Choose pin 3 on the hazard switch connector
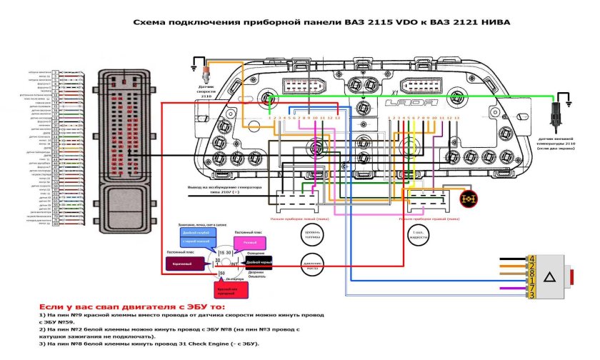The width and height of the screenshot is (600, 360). tap(532, 294)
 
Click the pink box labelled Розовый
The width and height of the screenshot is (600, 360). tap(249, 244)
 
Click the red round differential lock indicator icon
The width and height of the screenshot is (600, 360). tap(469, 199)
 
